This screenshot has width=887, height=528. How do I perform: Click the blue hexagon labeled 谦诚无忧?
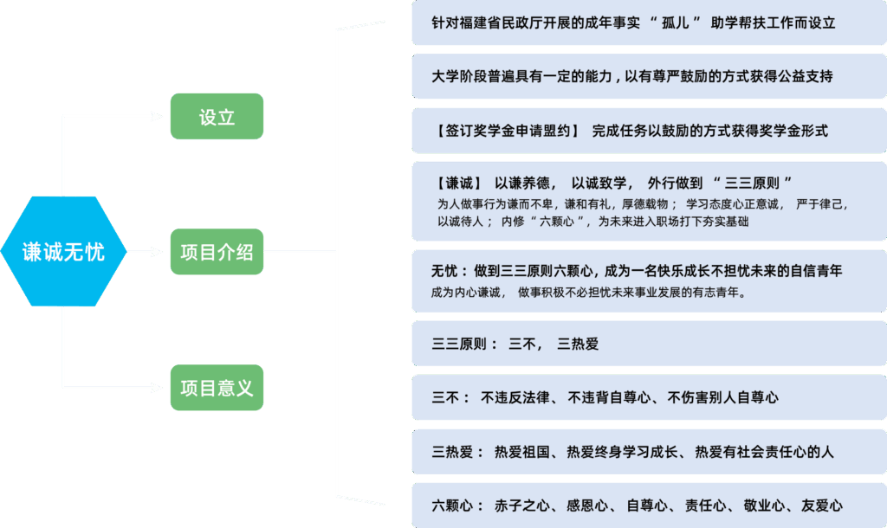63,251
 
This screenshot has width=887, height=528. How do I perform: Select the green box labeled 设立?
217,117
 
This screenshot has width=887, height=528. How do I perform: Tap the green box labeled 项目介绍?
217,252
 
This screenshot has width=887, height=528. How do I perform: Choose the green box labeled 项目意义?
217,387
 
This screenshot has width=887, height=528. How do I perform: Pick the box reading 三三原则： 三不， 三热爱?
649,344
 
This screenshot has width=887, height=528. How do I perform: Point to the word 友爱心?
821,505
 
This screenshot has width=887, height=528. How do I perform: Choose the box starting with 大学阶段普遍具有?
649,76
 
